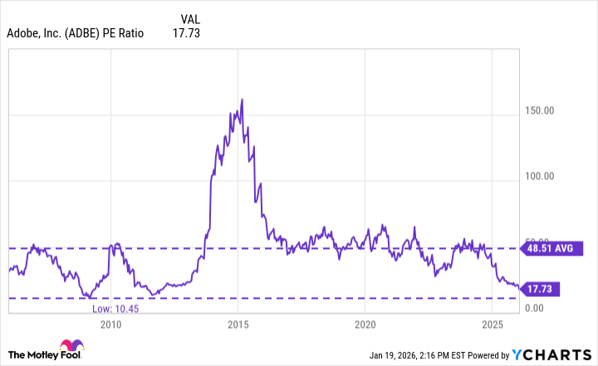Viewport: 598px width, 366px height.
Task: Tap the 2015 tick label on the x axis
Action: point(238,324)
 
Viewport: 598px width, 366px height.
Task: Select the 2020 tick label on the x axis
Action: point(365,324)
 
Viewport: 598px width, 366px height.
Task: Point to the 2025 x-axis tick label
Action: point(493,324)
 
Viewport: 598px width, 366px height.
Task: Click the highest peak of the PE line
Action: point(242,100)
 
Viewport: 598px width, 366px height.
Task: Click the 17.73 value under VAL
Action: point(186,34)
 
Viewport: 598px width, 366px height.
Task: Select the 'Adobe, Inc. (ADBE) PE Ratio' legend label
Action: point(76,34)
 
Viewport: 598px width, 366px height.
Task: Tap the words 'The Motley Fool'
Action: point(32,354)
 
